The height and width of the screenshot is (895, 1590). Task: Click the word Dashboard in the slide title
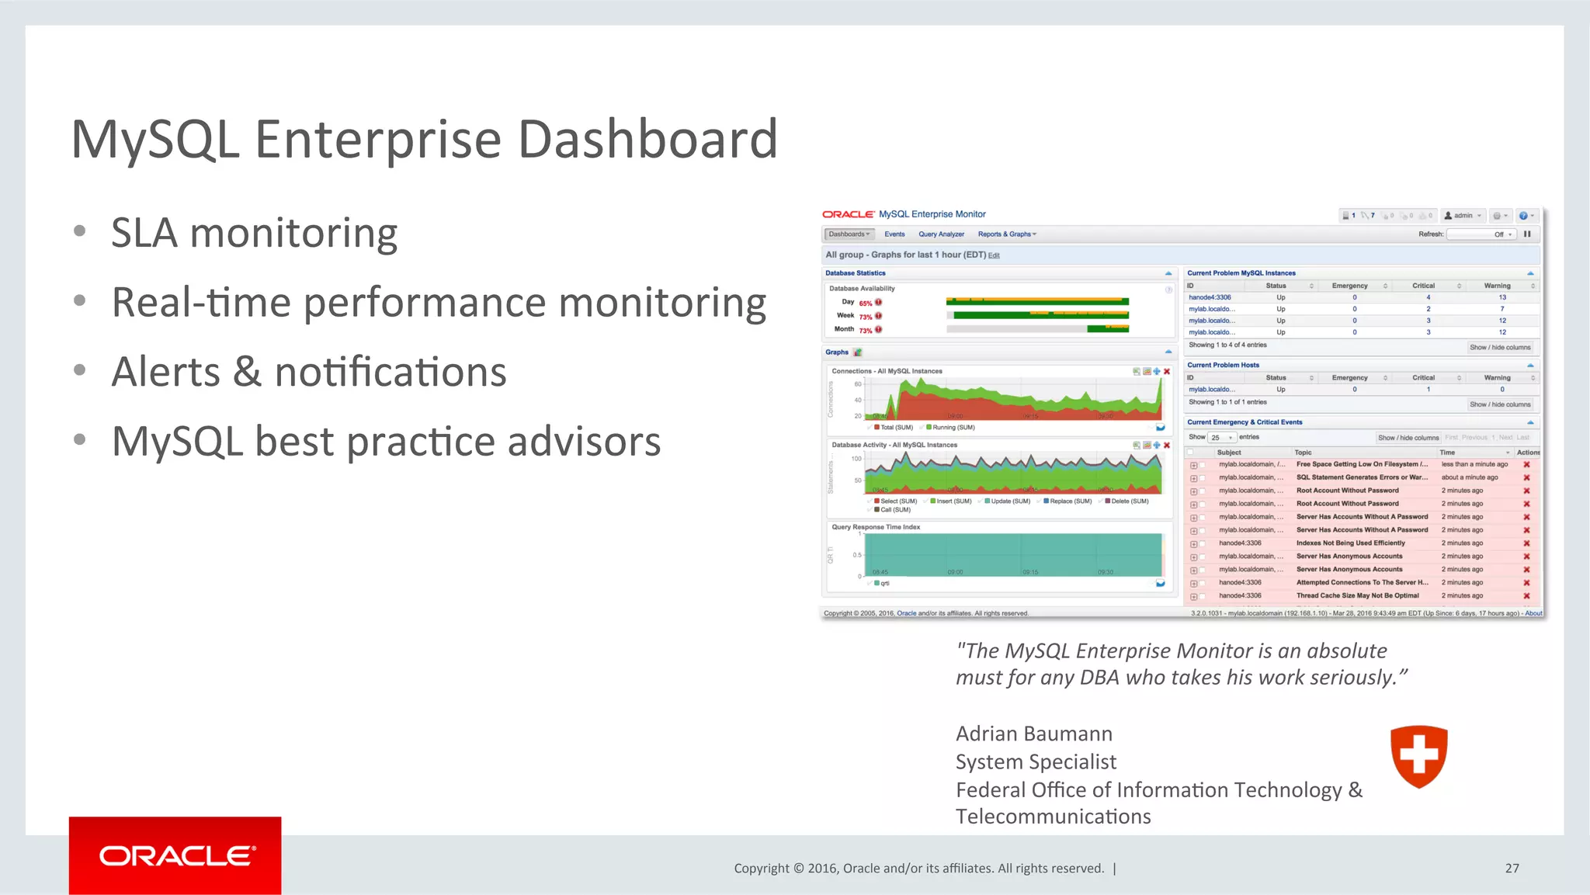point(647,140)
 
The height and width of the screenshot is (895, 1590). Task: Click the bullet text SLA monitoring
point(254,234)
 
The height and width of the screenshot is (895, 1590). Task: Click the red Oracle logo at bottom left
point(175,855)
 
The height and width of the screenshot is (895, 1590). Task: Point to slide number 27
point(1512,868)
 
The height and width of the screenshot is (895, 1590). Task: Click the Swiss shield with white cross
point(1418,755)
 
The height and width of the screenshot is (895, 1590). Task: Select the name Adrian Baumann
point(1033,734)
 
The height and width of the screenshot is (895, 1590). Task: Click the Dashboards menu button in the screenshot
point(849,234)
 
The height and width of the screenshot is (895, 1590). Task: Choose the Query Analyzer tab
point(941,234)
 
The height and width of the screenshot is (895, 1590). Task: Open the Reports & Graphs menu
point(1006,234)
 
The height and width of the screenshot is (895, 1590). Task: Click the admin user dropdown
point(1463,216)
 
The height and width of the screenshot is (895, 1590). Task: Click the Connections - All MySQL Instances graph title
point(887,371)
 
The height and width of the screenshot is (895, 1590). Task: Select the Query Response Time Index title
point(876,527)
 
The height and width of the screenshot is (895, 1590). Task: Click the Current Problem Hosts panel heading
point(1223,365)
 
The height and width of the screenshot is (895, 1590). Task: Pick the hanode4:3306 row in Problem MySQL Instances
point(1210,297)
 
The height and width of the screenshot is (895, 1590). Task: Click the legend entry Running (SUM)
point(953,428)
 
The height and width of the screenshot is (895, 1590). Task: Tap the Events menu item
point(894,234)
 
